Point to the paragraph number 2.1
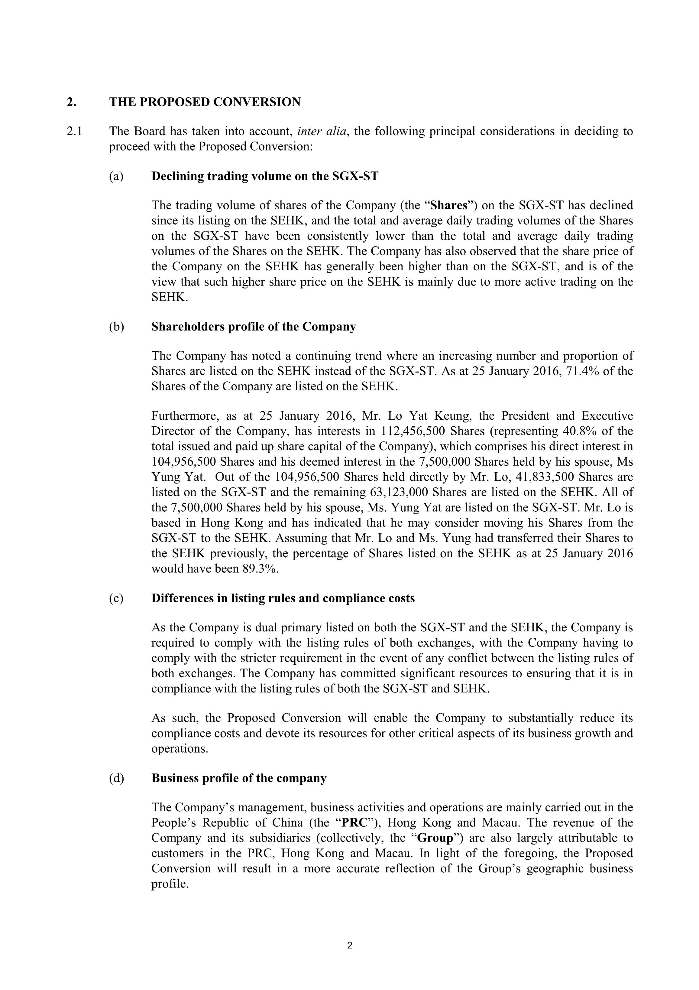(x=75, y=131)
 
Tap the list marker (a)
(x=116, y=176)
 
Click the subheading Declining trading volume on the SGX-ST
(x=265, y=176)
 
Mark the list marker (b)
(x=116, y=327)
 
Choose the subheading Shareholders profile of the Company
(x=253, y=327)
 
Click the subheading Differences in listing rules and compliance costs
(x=283, y=598)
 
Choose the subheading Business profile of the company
(x=239, y=778)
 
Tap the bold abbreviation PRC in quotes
(x=354, y=823)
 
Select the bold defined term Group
(x=435, y=838)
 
